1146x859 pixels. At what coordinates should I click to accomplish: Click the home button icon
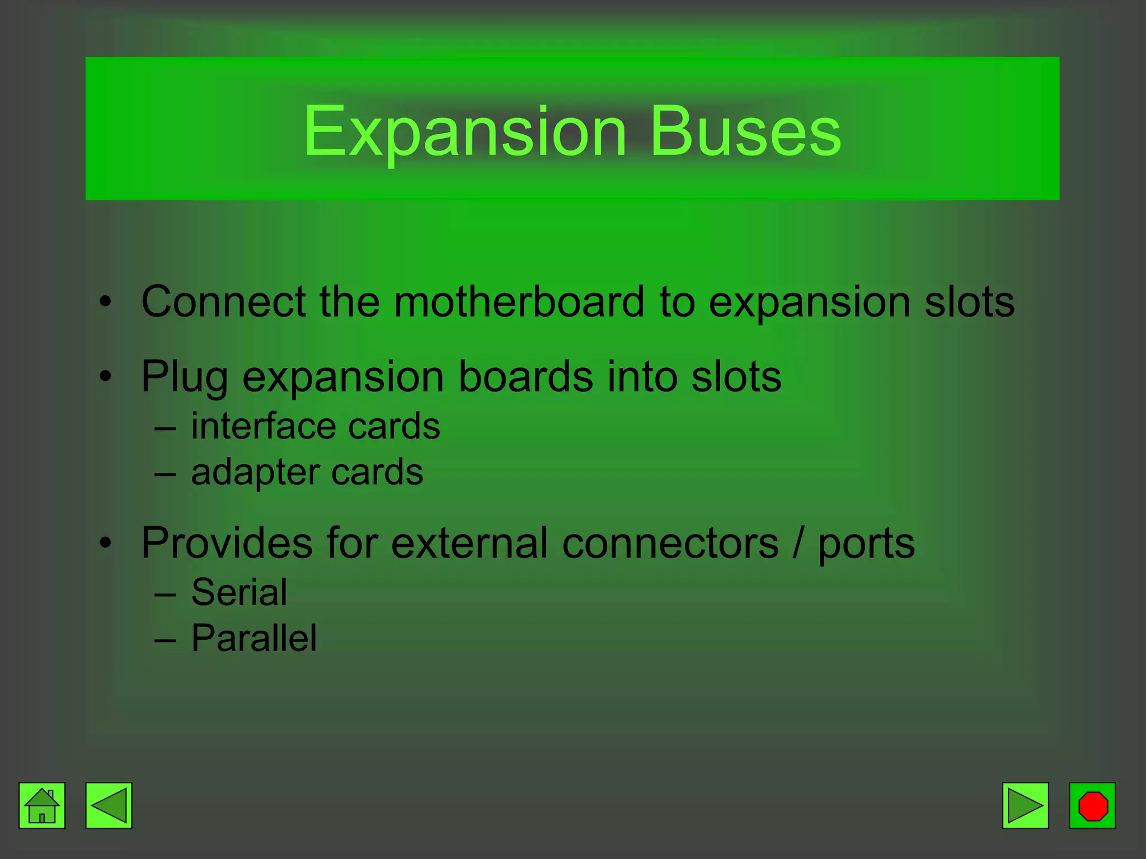pyautogui.click(x=42, y=805)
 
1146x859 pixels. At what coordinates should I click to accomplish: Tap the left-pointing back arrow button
pyautogui.click(x=109, y=805)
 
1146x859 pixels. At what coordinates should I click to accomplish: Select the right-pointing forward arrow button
pyautogui.click(x=1025, y=805)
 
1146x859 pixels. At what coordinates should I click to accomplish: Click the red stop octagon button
pyautogui.click(x=1092, y=805)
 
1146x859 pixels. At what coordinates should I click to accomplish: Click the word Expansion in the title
pyautogui.click(x=464, y=132)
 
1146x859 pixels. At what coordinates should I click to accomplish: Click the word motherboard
pyautogui.click(x=519, y=302)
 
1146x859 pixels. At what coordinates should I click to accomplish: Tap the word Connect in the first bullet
pyautogui.click(x=223, y=302)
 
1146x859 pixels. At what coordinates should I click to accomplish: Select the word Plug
pyautogui.click(x=185, y=377)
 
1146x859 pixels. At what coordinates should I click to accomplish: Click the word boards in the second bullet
pyautogui.click(x=525, y=377)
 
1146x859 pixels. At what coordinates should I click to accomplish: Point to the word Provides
pyautogui.click(x=227, y=542)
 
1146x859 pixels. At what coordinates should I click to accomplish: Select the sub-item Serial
pyautogui.click(x=239, y=592)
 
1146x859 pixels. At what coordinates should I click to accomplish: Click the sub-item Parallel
pyautogui.click(x=254, y=638)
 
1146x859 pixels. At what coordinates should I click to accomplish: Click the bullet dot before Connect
pyautogui.click(x=106, y=303)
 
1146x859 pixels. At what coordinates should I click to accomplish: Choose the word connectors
pyautogui.click(x=670, y=542)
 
